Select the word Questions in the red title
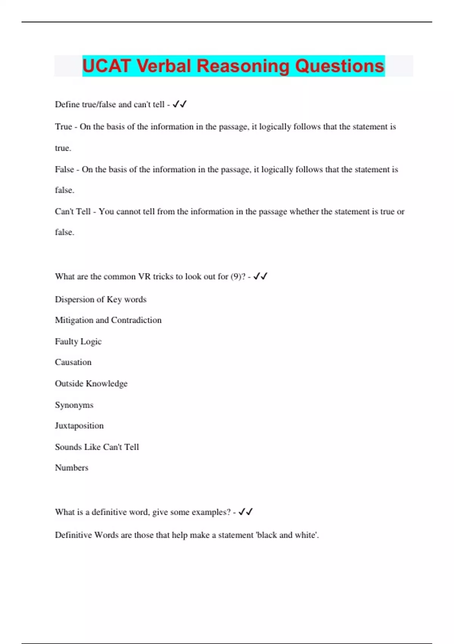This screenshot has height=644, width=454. [340, 66]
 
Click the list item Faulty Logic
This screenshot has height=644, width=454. [78, 341]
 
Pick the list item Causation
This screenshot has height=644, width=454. [73, 362]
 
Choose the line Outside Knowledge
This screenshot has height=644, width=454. [91, 383]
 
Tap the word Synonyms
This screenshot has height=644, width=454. [74, 405]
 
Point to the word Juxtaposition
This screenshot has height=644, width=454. [79, 426]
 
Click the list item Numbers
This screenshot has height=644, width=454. [72, 468]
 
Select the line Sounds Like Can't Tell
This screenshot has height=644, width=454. [97, 447]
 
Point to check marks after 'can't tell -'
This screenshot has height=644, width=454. [180, 104]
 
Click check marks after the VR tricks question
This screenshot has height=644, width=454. [260, 277]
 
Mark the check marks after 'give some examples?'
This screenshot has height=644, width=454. [246, 512]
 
